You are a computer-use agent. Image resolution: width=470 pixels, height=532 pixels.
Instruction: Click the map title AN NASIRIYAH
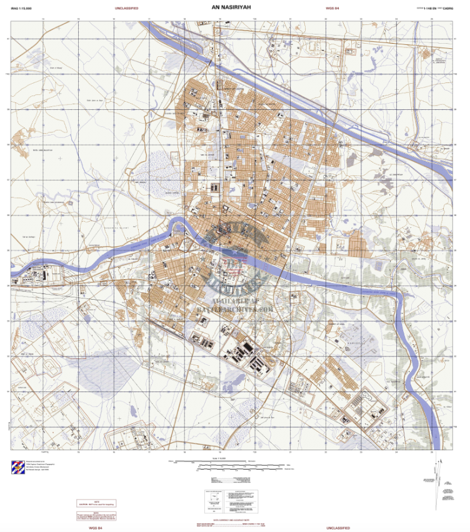[235, 7]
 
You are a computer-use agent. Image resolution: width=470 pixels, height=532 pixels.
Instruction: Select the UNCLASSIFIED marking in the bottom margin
[337, 528]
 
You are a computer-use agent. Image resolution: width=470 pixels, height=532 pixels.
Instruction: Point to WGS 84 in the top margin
[332, 8]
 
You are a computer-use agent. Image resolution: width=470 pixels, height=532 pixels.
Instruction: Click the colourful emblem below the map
[19, 468]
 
